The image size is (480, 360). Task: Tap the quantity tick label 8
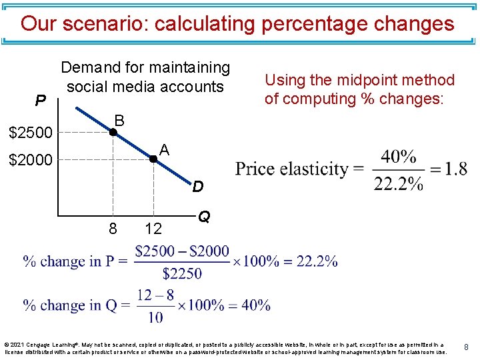[x=113, y=229]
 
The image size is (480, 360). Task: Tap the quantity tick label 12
[x=153, y=229]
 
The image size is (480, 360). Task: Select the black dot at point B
[x=113, y=133]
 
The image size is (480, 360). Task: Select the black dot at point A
[x=153, y=159]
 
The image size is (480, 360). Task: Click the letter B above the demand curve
[x=119, y=120]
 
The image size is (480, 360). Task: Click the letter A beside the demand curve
[x=165, y=151]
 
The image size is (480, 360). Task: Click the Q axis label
[x=205, y=217]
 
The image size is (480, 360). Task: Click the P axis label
[x=41, y=101]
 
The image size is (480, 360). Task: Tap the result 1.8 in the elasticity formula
[x=456, y=169]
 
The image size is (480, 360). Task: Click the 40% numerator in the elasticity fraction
[x=399, y=157]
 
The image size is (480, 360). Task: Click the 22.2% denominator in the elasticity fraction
[x=399, y=183]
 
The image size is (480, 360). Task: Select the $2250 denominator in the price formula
[x=181, y=273]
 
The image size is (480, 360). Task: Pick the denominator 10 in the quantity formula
[x=155, y=317]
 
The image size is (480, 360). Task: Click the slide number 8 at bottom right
[x=467, y=347]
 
